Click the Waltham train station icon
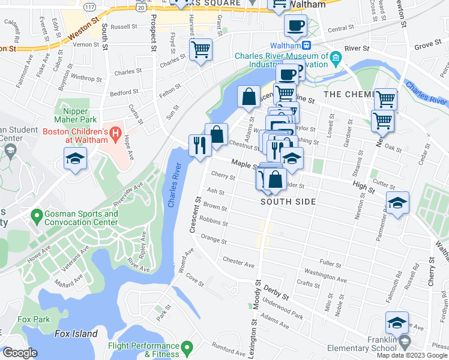(306, 46)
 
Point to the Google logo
(20, 353)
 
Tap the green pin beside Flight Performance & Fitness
(187, 346)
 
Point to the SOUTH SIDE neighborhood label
(288, 202)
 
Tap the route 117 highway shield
(89, 6)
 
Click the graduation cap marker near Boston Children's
(75, 159)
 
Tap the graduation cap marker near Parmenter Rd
(397, 204)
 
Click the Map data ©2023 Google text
(412, 355)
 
